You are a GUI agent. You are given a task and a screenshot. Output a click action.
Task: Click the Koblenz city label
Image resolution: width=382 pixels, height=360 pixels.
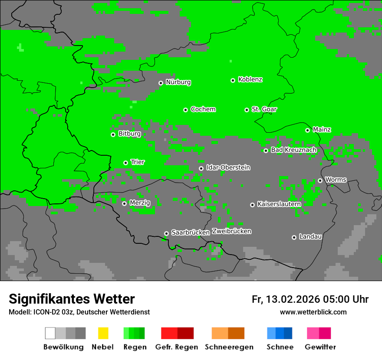click(x=250, y=80)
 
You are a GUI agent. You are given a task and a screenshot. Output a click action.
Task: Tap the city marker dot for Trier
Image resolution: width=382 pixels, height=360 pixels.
click(x=126, y=163)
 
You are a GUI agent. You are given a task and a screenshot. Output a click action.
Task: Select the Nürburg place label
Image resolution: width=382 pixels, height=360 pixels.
click(x=178, y=82)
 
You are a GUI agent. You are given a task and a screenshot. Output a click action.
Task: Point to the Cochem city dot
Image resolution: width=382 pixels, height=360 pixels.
click(x=185, y=110)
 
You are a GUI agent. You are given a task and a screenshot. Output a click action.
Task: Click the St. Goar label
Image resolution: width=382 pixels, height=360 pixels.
click(x=264, y=109)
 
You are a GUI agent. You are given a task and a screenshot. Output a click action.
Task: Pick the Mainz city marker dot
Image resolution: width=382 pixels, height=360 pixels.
click(x=307, y=130)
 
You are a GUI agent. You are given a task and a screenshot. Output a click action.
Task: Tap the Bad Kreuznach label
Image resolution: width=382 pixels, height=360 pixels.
click(x=293, y=150)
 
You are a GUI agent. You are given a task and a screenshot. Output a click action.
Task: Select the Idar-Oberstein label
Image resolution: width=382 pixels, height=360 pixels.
click(x=228, y=168)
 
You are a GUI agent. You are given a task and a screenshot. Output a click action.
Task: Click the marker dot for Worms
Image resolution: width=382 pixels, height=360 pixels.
click(x=320, y=180)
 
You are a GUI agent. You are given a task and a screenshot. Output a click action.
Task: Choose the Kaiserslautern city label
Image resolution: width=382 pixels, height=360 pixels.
click(x=279, y=204)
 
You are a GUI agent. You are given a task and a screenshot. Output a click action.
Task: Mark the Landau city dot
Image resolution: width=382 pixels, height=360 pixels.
click(x=294, y=237)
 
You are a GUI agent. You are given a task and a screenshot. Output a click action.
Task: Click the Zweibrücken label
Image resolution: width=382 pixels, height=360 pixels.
click(x=231, y=232)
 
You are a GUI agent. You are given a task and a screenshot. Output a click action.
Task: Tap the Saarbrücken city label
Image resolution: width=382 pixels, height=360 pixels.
click(x=191, y=233)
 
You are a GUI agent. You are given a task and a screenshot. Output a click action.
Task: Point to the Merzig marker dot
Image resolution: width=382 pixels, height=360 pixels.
click(x=124, y=203)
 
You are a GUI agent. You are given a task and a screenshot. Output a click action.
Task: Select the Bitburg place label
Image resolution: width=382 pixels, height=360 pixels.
click(x=129, y=134)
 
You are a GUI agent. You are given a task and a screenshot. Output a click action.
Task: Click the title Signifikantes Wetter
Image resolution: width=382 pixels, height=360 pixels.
click(x=72, y=299)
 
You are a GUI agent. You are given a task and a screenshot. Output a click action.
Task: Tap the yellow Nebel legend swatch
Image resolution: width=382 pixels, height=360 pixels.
click(x=103, y=333)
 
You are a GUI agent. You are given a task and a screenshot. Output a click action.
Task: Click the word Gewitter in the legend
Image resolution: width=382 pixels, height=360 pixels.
click(x=320, y=347)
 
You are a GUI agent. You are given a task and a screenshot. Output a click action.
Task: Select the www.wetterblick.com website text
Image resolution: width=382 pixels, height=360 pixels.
click(x=313, y=312)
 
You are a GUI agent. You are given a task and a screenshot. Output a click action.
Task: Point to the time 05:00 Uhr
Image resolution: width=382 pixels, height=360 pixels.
click(x=346, y=300)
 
